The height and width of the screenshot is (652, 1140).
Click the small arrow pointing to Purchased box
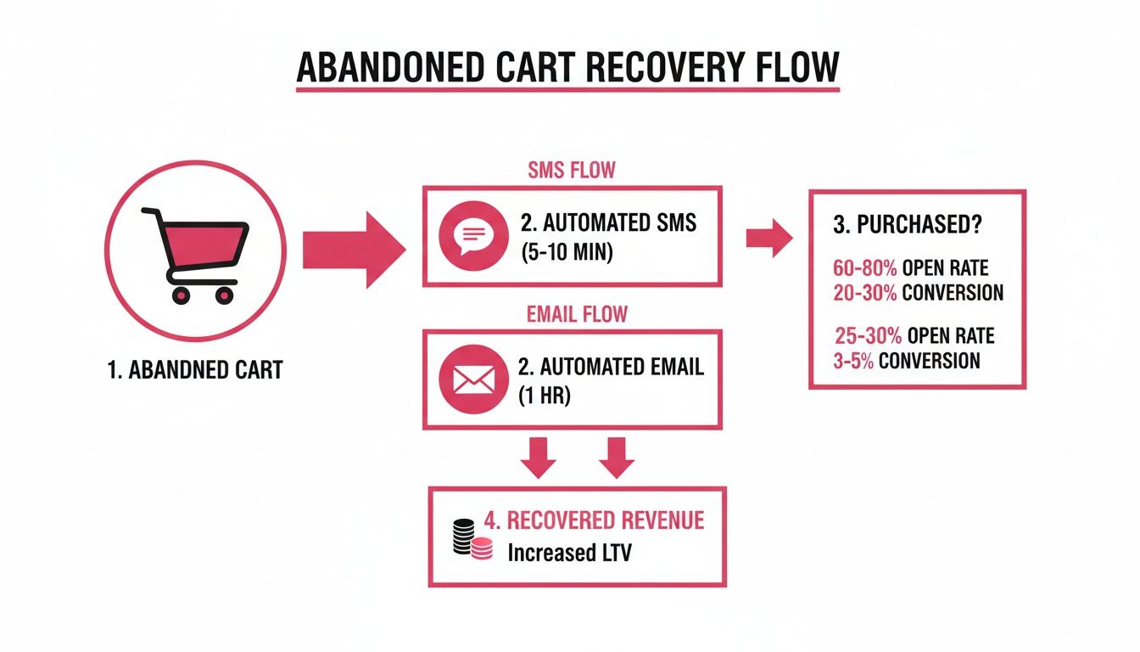[x=768, y=239]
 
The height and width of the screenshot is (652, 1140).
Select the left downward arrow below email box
[x=539, y=458]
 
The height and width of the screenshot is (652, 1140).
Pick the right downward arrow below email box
[x=616, y=458]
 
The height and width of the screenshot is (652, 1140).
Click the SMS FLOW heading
[x=572, y=171]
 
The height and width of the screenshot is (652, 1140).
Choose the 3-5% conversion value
[x=853, y=361]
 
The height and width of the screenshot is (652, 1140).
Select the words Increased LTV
[x=569, y=553]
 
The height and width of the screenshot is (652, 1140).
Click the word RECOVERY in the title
[x=634, y=67]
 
